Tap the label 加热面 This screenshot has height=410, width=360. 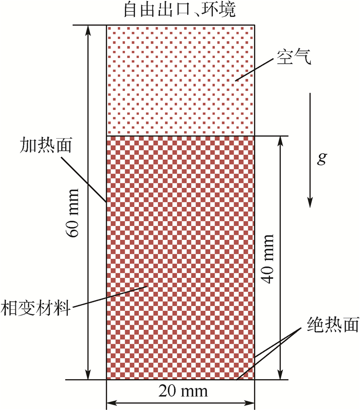(46, 143)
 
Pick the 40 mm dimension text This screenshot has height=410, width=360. (268, 257)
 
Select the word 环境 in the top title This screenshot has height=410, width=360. (218, 10)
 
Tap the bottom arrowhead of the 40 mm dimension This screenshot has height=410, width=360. (281, 374)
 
